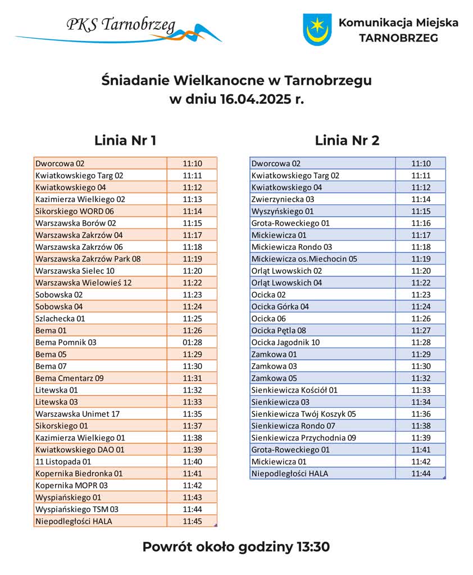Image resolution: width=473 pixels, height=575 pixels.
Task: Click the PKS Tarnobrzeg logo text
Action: (x=121, y=25)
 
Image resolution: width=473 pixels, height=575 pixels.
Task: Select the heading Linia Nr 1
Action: (x=125, y=140)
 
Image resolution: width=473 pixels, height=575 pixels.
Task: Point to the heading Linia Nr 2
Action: (x=347, y=140)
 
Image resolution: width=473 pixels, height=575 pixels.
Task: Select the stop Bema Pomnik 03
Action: (x=66, y=342)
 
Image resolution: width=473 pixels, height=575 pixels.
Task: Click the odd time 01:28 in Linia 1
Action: (x=192, y=342)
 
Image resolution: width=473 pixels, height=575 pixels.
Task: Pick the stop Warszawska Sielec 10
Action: (x=75, y=271)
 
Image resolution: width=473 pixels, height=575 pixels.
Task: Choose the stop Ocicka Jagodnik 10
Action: (x=285, y=342)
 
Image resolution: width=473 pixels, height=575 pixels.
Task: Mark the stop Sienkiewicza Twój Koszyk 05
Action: (x=303, y=414)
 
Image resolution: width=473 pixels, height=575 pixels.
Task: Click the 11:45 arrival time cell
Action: (x=192, y=521)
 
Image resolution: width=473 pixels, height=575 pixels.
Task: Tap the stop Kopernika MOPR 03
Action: (x=71, y=485)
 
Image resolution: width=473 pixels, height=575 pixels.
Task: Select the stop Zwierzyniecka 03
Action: (x=283, y=199)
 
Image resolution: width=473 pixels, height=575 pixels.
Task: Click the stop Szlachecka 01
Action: (x=60, y=318)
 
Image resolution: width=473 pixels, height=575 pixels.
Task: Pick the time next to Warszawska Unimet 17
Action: (x=192, y=414)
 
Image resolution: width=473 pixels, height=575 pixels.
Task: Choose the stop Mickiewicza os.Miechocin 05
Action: (x=304, y=259)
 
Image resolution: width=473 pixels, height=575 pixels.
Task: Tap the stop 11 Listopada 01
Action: (x=63, y=462)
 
